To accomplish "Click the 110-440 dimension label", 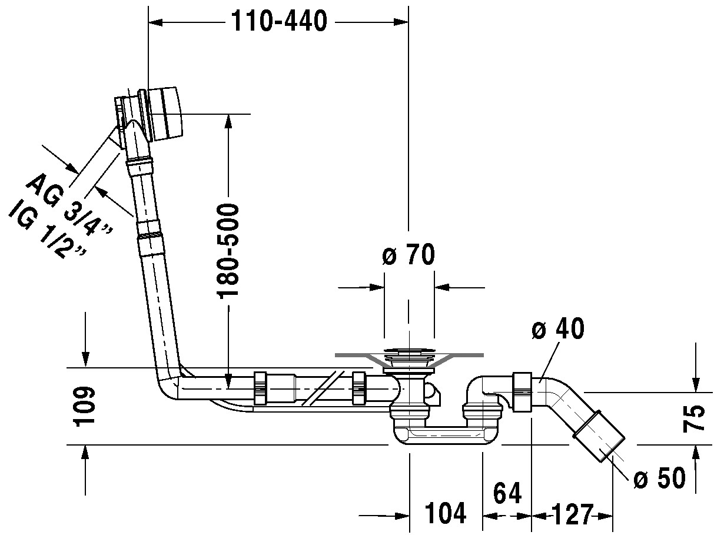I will (278, 22).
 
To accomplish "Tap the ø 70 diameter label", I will (409, 255).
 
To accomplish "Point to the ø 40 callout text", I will (557, 329).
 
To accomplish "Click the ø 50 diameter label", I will (660, 479).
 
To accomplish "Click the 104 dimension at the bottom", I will (446, 514).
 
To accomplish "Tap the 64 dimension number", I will (507, 494).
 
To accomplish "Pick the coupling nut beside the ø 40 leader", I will (522, 392).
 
